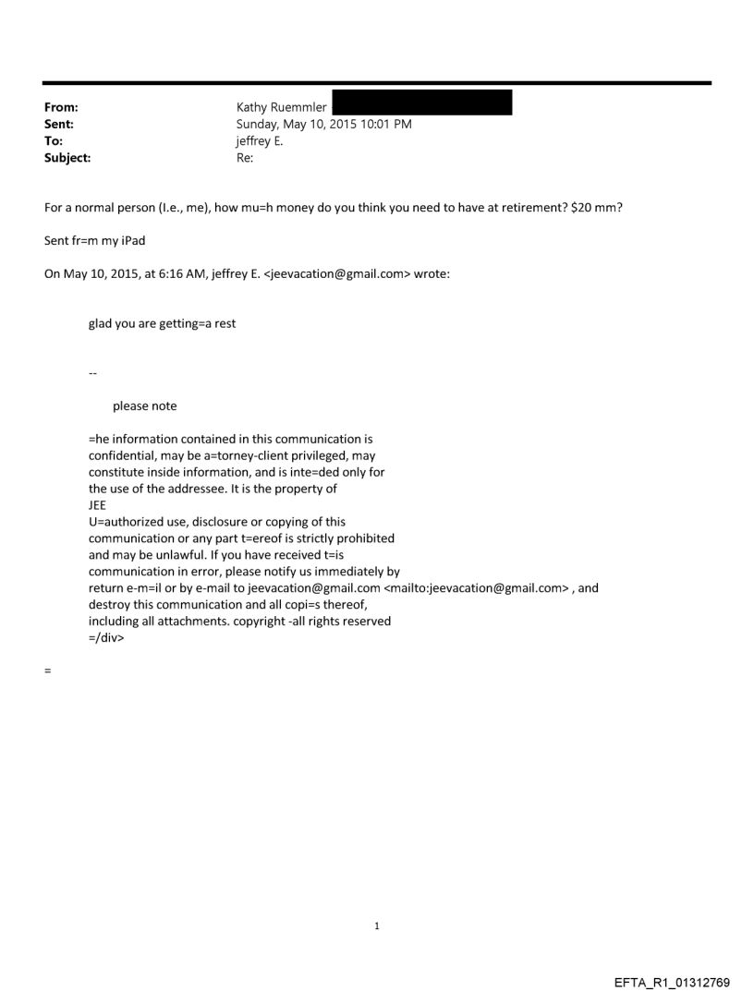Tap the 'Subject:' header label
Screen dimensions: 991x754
click(66, 158)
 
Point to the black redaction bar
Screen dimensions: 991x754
click(421, 103)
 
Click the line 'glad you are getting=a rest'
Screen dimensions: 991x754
click(162, 324)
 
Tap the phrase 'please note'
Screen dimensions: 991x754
click(145, 405)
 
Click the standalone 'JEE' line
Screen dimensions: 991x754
click(97, 505)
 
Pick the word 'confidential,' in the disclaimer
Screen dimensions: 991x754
click(123, 455)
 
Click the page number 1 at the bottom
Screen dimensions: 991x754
click(377, 926)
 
